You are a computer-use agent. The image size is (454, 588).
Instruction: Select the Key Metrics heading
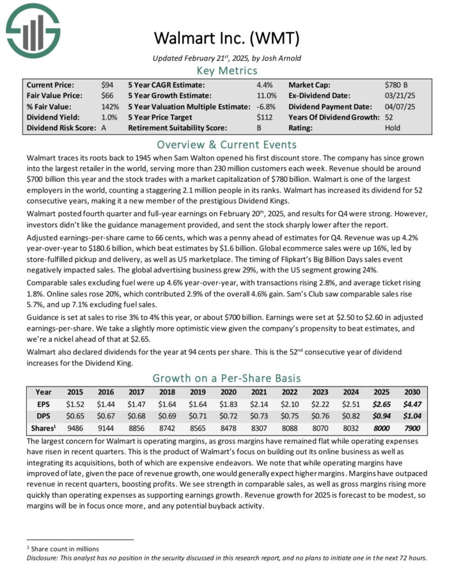[226, 71]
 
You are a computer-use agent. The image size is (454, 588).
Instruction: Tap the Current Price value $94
[107, 84]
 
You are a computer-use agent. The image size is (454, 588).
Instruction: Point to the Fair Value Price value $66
[107, 95]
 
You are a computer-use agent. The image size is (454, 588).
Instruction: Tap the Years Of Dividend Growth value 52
[390, 117]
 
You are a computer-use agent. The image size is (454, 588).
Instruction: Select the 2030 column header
[412, 392]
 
